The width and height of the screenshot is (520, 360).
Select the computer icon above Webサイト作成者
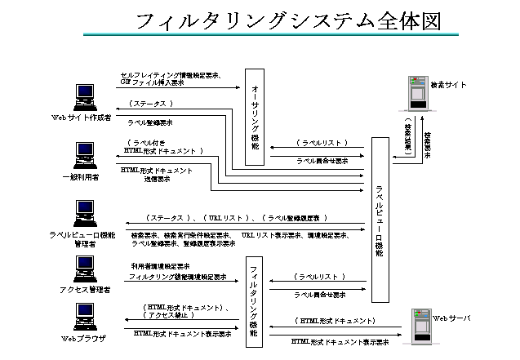tap(83, 96)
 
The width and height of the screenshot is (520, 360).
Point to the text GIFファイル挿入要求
tap(152, 82)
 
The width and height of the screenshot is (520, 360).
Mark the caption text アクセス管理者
tap(84, 290)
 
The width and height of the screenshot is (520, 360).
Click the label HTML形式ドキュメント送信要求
tap(156, 175)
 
